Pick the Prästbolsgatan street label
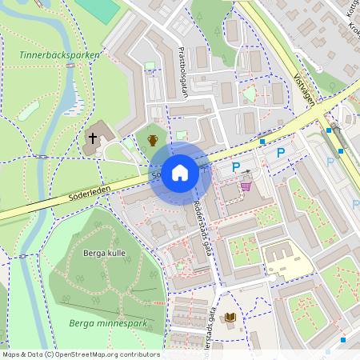(x=182, y=70)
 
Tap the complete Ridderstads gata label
(x=203, y=227)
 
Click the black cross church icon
(x=92, y=138)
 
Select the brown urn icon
(x=153, y=140)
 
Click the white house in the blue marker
(x=181, y=173)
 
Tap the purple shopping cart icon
(x=246, y=186)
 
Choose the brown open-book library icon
(x=230, y=318)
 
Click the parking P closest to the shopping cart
(x=236, y=167)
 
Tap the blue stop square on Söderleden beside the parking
(x=262, y=142)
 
